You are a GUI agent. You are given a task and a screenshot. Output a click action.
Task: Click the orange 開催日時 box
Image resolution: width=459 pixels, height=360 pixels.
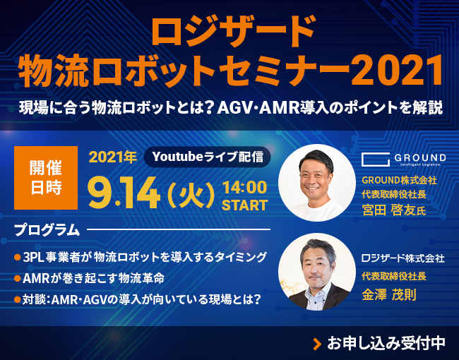[x=44, y=179]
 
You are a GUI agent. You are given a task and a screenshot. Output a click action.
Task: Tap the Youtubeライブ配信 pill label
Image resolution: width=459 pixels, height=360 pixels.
[x=207, y=155]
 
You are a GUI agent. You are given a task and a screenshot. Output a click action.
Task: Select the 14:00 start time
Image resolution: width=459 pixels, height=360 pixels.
[x=244, y=188]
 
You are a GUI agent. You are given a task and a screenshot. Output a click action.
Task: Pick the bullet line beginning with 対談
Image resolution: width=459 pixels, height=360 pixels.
[x=138, y=299]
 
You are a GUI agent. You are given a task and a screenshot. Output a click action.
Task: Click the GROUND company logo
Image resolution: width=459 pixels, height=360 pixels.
[x=403, y=159]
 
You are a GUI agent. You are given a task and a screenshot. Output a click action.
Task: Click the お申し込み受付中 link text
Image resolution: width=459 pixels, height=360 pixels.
[x=386, y=343]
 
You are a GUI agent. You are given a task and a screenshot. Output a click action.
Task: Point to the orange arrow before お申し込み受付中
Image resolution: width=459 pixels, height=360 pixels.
[x=317, y=344]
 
